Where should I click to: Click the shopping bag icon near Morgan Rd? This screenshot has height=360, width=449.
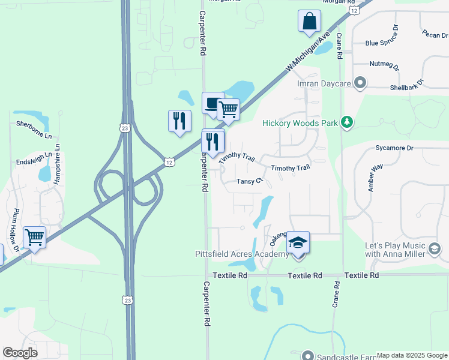309,21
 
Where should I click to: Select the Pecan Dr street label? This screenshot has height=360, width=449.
435,34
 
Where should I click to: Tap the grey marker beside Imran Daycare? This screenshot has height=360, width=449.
360,83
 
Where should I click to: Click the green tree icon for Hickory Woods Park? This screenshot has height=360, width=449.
346,123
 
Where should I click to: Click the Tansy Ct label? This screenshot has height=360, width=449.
250,181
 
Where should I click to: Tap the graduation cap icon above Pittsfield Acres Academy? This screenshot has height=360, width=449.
298,242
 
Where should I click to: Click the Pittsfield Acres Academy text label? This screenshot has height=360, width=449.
242,254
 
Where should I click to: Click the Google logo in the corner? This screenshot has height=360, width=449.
20,353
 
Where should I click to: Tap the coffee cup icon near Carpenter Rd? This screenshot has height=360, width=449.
212,103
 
